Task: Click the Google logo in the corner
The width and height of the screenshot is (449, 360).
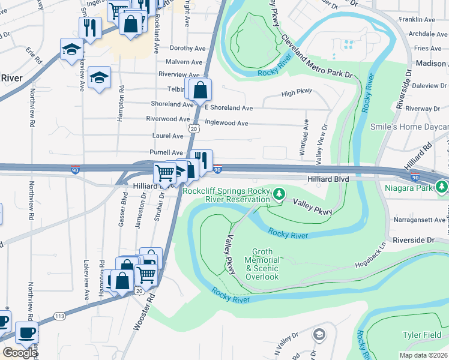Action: (20, 353)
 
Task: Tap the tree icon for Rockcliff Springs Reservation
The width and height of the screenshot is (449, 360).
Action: (279, 195)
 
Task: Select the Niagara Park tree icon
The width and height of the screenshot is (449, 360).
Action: (442, 187)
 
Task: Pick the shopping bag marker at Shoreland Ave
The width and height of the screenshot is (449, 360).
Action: (200, 91)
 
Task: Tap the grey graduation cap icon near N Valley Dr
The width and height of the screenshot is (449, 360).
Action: (320, 334)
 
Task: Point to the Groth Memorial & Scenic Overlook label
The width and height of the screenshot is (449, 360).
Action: (262, 268)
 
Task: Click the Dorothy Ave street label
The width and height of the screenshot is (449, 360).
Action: (172, 48)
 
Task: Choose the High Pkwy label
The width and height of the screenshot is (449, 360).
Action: (297, 93)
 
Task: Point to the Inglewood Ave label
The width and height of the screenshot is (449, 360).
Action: (226, 123)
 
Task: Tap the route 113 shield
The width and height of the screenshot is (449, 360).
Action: (59, 316)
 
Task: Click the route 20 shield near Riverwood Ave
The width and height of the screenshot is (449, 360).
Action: (192, 128)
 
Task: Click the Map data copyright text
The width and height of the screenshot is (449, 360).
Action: (424, 354)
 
